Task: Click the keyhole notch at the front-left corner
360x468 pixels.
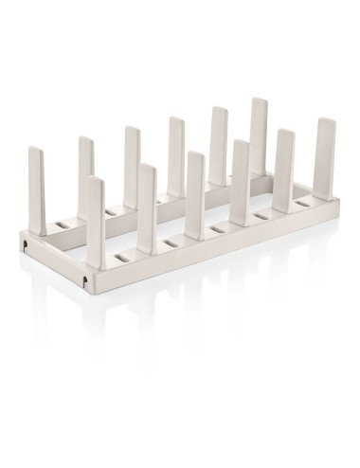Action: click(86, 281)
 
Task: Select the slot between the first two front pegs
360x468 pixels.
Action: click(122, 259)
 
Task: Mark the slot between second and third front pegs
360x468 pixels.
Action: click(171, 244)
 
